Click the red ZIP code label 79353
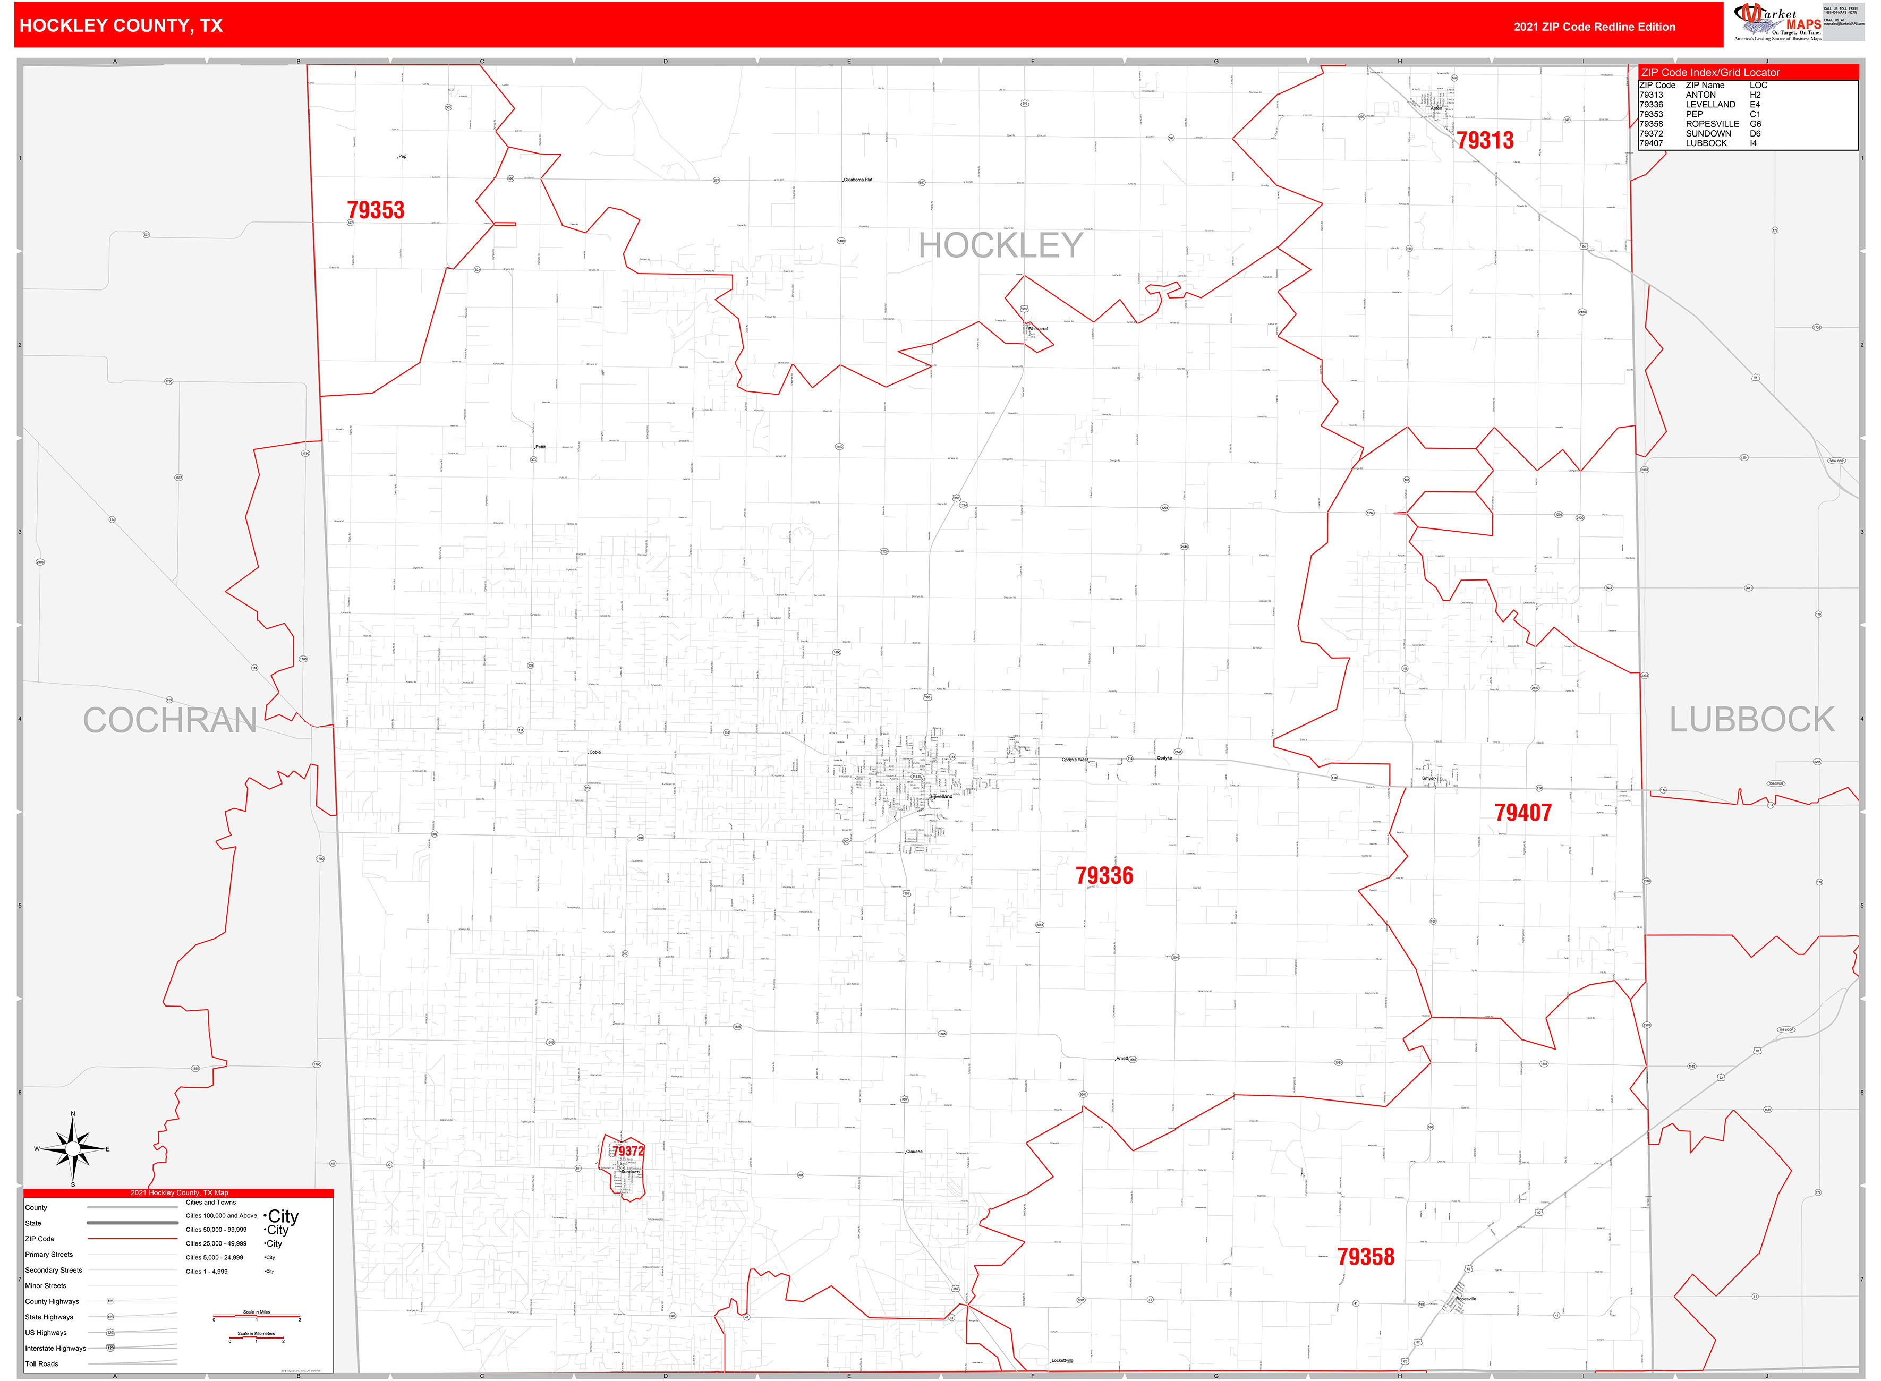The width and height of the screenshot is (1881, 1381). pyautogui.click(x=376, y=211)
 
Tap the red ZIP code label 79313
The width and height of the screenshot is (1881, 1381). pyautogui.click(x=1485, y=140)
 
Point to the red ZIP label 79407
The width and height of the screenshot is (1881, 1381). pyautogui.click(x=1522, y=813)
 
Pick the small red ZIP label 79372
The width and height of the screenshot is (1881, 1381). pyautogui.click(x=628, y=1151)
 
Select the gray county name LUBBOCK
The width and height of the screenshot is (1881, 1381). pyautogui.click(x=1751, y=720)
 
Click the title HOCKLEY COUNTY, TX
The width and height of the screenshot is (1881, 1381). pyautogui.click(x=121, y=26)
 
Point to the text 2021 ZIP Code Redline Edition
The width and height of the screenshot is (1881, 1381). pyautogui.click(x=1594, y=27)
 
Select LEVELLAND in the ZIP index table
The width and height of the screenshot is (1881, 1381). pyautogui.click(x=1710, y=105)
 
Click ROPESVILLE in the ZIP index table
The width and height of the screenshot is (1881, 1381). pyautogui.click(x=1712, y=124)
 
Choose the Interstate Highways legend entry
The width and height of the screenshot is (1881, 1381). pyautogui.click(x=55, y=1349)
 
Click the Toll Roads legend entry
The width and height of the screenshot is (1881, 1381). pyautogui.click(x=42, y=1365)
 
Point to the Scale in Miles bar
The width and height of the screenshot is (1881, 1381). pyautogui.click(x=257, y=1317)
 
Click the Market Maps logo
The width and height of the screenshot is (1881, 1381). pyautogui.click(x=1779, y=22)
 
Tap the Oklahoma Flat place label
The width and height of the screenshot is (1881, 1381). pyautogui.click(x=858, y=180)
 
